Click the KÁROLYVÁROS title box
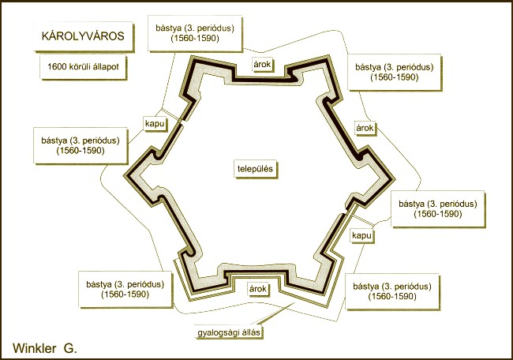point(84,36)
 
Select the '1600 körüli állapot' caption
point(83,67)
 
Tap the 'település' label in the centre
point(255,169)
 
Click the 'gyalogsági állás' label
point(229,332)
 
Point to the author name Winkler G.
point(45,348)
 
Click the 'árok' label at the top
point(262,65)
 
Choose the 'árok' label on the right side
point(365,128)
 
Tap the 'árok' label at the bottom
point(258,289)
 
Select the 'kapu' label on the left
point(155,124)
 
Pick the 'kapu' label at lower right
point(361,235)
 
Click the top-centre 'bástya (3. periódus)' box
point(195,33)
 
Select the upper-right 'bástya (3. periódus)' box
point(395,73)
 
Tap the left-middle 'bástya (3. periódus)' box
point(81,145)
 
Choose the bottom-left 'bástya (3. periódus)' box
point(125,289)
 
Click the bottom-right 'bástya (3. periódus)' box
point(392,291)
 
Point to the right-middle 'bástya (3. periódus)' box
point(438,208)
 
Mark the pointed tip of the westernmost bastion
point(124,176)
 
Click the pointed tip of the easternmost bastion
point(395,180)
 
